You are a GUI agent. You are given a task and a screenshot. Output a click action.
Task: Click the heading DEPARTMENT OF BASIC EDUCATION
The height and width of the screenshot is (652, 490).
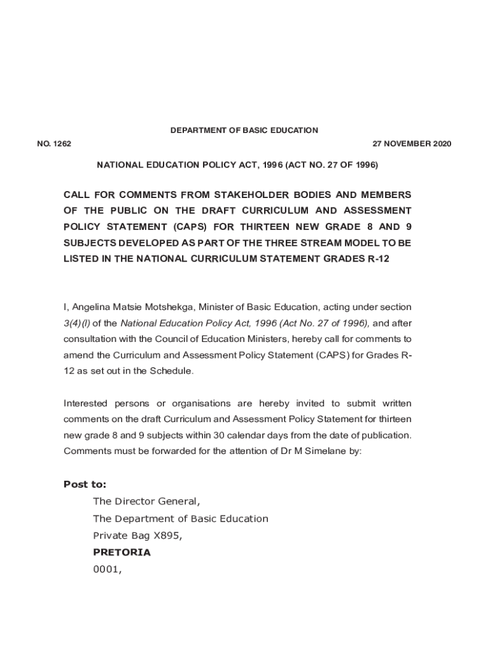coord(244,131)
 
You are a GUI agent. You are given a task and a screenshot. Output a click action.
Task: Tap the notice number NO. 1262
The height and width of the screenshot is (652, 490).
coord(54,144)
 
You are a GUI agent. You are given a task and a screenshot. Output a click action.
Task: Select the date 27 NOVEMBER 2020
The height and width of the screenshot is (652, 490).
coord(412,144)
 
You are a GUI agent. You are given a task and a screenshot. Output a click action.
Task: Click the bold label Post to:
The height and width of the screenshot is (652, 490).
coord(85,485)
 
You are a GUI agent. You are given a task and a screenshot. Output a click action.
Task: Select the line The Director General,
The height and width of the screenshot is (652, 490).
coord(146,502)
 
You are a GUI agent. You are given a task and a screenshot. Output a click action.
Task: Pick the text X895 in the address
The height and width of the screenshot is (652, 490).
coord(168,535)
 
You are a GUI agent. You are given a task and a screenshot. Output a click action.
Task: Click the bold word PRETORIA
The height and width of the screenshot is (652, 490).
coord(122,553)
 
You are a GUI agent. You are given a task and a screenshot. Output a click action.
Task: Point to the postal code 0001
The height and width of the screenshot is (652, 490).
coord(106,570)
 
